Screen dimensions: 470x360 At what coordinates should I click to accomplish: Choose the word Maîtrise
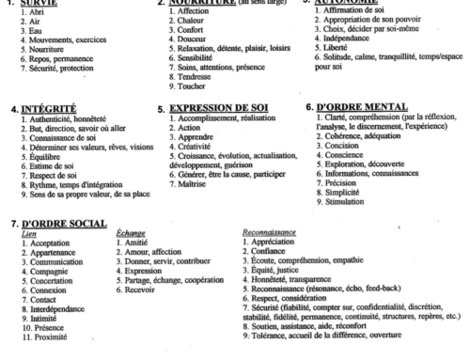(x=181, y=192)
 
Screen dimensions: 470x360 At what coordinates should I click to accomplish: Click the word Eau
(x=27, y=31)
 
